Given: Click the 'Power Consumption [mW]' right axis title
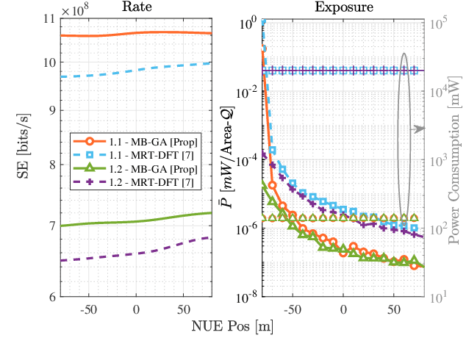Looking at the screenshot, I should (x=455, y=159).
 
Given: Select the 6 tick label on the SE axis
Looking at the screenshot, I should (x=50, y=297).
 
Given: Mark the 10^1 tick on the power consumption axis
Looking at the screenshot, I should (x=437, y=297).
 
